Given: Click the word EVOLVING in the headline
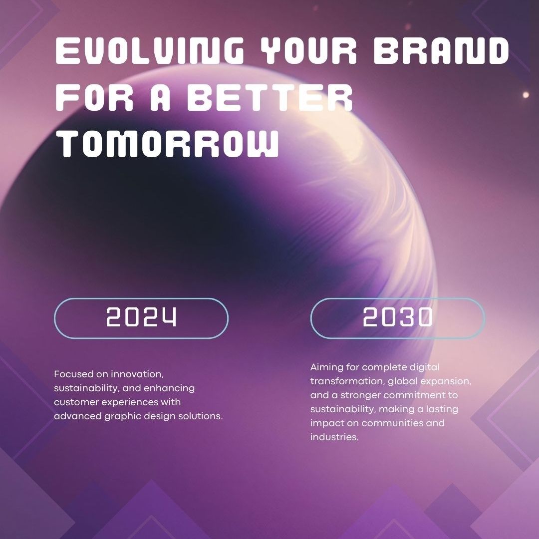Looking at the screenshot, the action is coord(150,51).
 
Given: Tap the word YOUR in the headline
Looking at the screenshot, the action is coord(308,51).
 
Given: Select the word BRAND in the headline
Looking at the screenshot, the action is coord(441,51).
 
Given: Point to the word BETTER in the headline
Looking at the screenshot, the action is coord(270,97).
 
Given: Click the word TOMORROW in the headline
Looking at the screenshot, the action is coord(167,144).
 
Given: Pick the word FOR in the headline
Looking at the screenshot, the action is coord(94,97).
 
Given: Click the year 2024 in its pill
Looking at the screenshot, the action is coord(141,316).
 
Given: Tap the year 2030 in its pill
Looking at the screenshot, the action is coord(397,316).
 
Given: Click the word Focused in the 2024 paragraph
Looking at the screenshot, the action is coord(73,374).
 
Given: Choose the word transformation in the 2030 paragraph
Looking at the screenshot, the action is coord(347,381).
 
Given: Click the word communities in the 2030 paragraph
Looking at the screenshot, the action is coord(392,423).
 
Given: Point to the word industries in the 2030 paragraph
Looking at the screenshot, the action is coord(334,437).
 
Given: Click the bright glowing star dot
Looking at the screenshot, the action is coord(526,95).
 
